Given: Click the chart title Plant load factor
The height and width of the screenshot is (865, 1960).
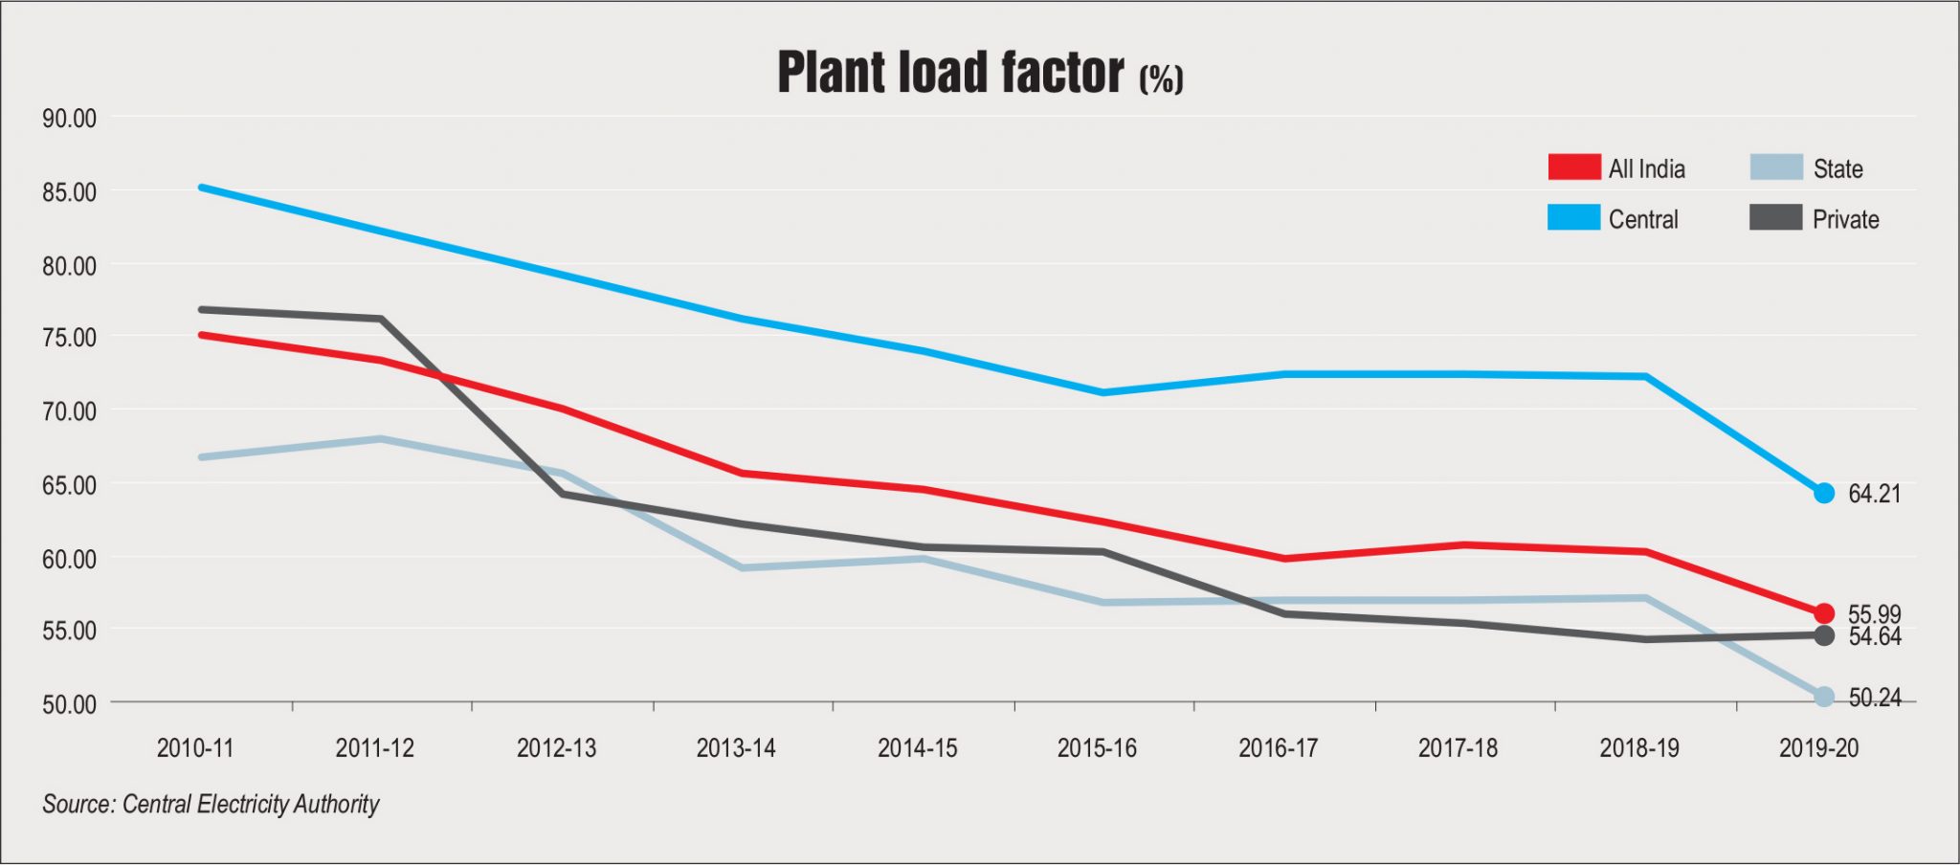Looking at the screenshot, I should click(x=979, y=73).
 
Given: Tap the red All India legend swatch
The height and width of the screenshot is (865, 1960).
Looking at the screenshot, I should click(x=1574, y=167).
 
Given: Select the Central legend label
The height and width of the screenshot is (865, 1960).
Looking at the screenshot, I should click(x=1643, y=219).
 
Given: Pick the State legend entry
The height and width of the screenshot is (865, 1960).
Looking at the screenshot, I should click(x=1837, y=168).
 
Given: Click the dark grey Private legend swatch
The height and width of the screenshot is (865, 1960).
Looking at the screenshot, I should click(x=1775, y=218).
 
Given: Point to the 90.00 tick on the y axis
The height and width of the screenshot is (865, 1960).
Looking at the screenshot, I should click(x=69, y=119).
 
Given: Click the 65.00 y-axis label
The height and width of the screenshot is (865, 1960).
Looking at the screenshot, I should click(x=69, y=485).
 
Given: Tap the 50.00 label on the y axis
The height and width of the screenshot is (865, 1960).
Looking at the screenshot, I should click(x=69, y=704).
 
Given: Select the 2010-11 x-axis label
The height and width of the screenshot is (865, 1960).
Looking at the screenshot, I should click(x=195, y=748).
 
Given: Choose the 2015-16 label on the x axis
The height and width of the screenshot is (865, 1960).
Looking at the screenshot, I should click(x=1097, y=748).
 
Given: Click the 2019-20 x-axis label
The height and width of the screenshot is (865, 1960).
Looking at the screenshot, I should click(x=1818, y=748).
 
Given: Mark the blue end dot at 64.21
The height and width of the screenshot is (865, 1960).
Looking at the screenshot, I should click(x=1824, y=494).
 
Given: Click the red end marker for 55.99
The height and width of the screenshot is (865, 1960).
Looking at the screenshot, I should click(x=1824, y=613).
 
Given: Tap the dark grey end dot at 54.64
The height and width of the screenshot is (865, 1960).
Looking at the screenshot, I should click(x=1824, y=635).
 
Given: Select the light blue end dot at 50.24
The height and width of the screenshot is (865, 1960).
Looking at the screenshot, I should click(x=1824, y=697).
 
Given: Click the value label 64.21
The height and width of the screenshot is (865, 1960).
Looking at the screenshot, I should click(x=1874, y=494).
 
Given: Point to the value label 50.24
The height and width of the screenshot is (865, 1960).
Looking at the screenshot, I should click(x=1874, y=698).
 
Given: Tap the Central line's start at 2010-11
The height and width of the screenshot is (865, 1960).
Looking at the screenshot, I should click(x=202, y=188).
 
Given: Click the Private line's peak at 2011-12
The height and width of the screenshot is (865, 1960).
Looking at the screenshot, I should click(x=381, y=319).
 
